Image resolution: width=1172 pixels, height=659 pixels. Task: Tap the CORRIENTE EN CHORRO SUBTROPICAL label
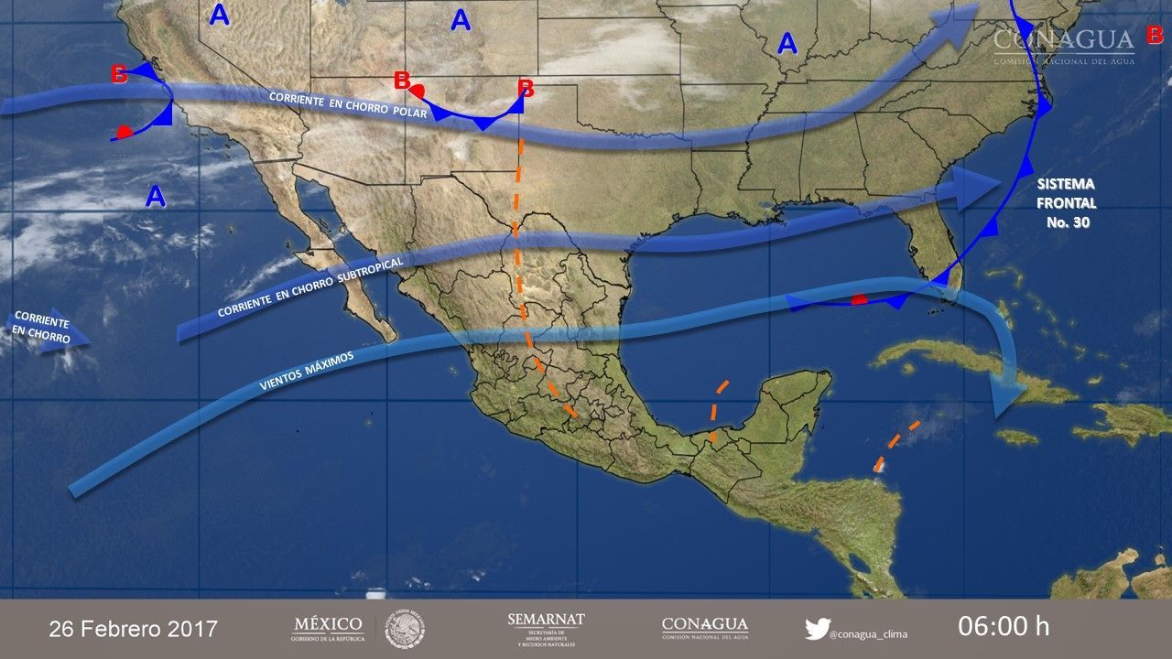(305, 286)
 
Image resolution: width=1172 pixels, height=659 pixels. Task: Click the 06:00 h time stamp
(1004, 627)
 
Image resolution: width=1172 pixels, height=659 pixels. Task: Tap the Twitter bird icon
(817, 630)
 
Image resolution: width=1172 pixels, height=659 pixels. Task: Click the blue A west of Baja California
(156, 195)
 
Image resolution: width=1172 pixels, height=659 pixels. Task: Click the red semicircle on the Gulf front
(859, 299)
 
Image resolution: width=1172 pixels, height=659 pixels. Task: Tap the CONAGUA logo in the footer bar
(704, 628)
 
